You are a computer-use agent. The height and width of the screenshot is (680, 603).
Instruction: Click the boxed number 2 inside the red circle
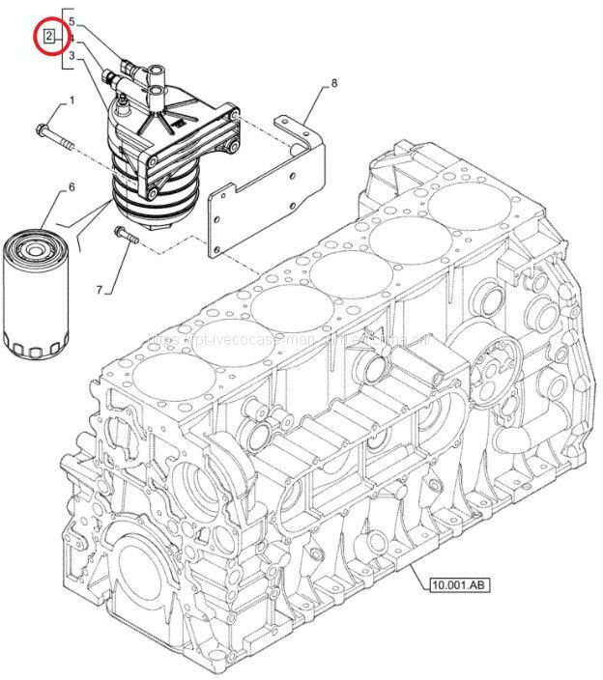(x=49, y=38)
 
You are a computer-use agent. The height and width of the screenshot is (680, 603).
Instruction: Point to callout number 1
(x=71, y=101)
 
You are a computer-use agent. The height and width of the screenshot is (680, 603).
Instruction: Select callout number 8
(x=333, y=84)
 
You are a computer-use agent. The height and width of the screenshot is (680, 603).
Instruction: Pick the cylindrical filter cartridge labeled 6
(x=36, y=295)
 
